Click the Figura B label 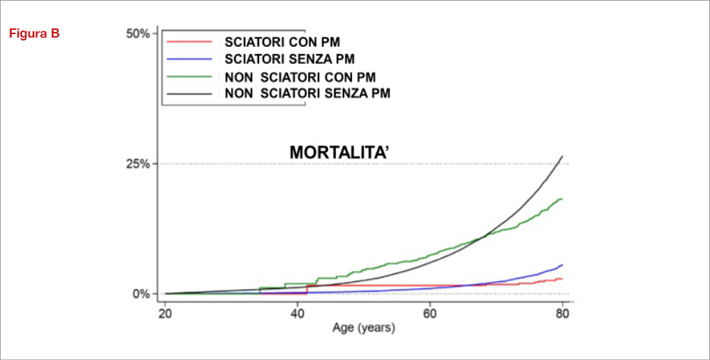[x=34, y=33]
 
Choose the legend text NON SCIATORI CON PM [x=300, y=76]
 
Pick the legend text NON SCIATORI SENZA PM [x=307, y=93]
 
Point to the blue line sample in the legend [x=190, y=59]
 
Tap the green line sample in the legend [x=190, y=76]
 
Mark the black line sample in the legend [x=190, y=93]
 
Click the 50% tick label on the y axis [x=137, y=33]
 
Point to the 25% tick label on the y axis [x=137, y=163]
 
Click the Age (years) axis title [x=364, y=329]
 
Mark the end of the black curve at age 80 [x=562, y=156]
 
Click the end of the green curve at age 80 [x=562, y=199]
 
